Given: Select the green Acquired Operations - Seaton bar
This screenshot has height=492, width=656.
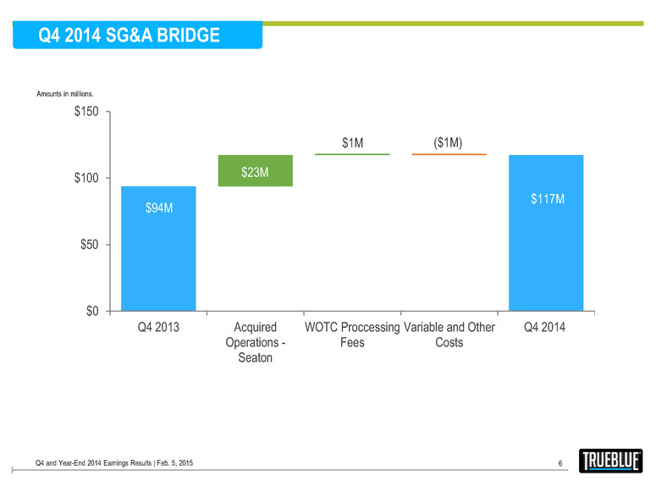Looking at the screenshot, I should (x=256, y=170).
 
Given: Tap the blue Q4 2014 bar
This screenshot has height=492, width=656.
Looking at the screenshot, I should (x=546, y=246).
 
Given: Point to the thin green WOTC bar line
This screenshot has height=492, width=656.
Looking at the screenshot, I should (x=352, y=154).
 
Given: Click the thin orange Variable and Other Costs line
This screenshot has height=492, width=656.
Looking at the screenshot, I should (x=449, y=154).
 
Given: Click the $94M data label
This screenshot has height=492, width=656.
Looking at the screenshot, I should (x=158, y=208).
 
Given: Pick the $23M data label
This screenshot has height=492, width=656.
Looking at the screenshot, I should (x=255, y=173).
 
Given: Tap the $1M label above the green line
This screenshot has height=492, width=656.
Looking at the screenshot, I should (x=353, y=143).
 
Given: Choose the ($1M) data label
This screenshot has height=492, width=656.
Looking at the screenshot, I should (x=449, y=143).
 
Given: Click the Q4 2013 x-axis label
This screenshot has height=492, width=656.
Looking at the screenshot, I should (x=158, y=328).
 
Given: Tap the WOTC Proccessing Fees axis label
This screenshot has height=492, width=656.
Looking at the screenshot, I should (x=352, y=335).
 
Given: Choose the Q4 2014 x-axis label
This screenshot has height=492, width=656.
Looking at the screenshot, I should (x=546, y=328).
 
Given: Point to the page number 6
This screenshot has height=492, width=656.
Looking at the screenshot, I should (x=560, y=462).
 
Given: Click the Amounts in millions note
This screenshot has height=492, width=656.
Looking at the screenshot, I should (x=63, y=94).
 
